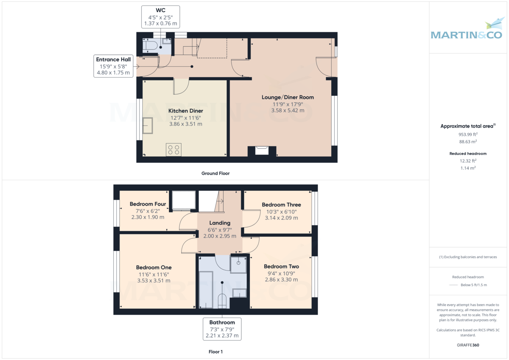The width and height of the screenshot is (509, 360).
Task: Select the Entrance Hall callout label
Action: [113, 66]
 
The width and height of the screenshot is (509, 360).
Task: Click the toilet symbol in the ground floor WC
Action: [149, 46]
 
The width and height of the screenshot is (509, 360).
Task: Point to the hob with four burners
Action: [173, 150]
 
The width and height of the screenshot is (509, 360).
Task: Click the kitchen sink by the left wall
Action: [148, 126]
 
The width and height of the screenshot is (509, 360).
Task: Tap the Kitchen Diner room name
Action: [186, 111]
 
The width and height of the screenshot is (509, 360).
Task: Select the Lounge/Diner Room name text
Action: [288, 97]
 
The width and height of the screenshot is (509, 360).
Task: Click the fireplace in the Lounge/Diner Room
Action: [262, 150]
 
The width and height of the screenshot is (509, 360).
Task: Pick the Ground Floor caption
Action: [215, 173]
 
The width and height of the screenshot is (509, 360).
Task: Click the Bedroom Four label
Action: [148, 204]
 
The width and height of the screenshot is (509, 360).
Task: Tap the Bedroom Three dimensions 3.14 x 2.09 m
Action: [281, 218]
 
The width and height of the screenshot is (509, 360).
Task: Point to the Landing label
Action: [220, 223]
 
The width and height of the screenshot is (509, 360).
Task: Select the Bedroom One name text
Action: [154, 268]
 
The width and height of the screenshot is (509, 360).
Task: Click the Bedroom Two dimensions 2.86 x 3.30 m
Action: [281, 279]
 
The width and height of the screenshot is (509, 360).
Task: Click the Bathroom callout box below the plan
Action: [222, 329]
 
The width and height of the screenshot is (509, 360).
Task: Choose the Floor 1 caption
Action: [215, 352]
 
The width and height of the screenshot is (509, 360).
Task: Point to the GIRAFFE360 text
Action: [467, 345]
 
